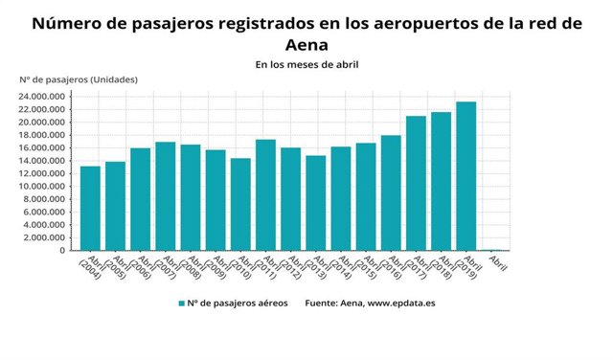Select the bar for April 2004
(90, 208)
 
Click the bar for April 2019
(465, 176)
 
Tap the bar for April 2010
(240, 204)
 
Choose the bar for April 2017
(416, 183)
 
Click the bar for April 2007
(165, 195)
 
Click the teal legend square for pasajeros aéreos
(180, 304)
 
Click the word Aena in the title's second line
(306, 44)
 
